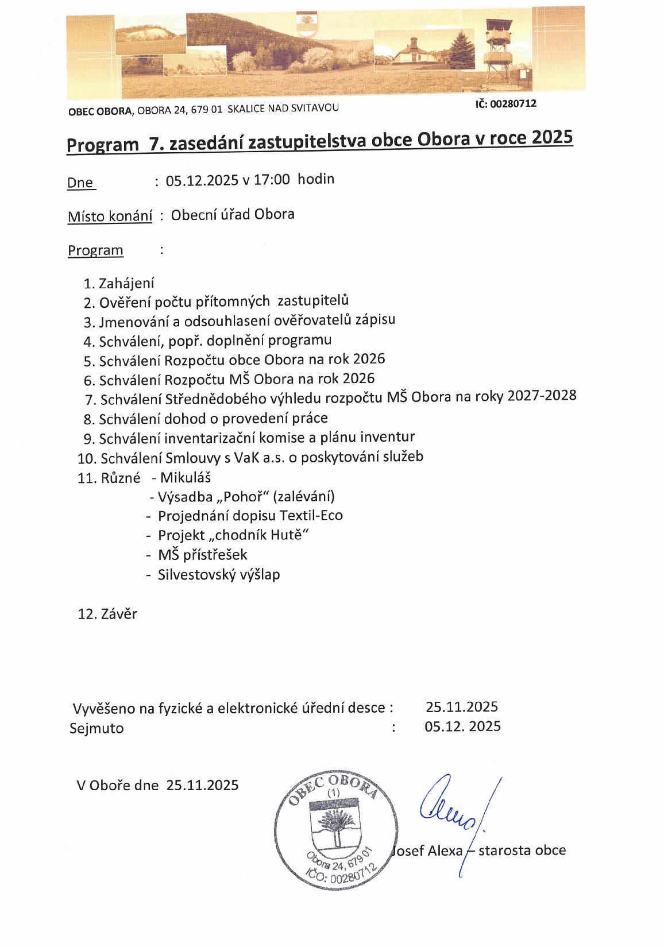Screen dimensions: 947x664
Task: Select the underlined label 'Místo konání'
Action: (x=110, y=217)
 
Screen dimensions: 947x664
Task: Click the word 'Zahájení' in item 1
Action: (x=126, y=283)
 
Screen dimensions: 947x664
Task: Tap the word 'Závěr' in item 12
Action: (x=119, y=614)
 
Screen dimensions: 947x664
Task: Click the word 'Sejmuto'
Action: (x=96, y=728)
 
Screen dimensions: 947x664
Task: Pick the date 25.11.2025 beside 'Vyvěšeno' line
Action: (x=461, y=707)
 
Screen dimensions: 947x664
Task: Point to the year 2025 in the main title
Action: (x=553, y=138)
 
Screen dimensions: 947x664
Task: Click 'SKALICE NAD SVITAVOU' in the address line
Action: (x=283, y=108)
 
